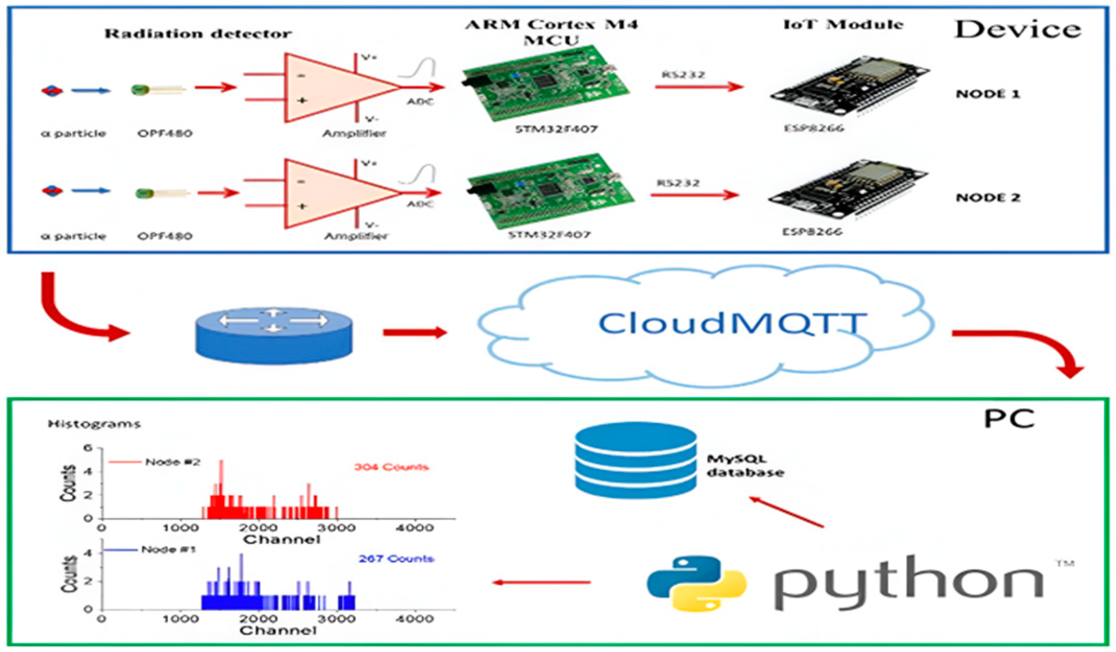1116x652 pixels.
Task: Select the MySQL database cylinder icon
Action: pos(635,461)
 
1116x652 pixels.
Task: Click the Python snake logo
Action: pos(696,583)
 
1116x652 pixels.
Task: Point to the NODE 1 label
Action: pos(987,94)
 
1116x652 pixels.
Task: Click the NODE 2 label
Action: pos(987,198)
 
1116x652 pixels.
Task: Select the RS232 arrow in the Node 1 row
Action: pos(698,87)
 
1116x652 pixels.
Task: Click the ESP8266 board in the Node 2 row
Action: pos(847,190)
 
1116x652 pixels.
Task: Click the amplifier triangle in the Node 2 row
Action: pos(334,193)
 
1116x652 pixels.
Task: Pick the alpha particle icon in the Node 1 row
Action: pos(52,91)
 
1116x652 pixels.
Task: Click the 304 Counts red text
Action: pos(391,467)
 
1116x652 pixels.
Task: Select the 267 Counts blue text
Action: pos(396,559)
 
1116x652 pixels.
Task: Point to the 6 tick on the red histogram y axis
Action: pos(89,448)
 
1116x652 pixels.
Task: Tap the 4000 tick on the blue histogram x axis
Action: pos(415,619)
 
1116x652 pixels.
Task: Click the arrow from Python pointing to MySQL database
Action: pos(787,512)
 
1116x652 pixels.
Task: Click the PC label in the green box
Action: pos(1009,418)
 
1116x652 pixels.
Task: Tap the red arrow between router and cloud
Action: pos(414,332)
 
